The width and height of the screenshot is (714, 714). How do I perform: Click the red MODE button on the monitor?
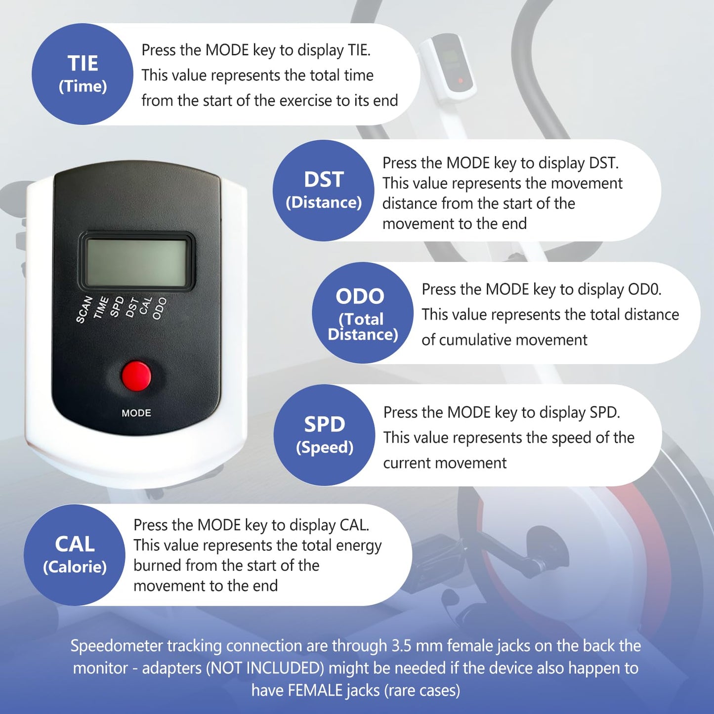click(x=136, y=376)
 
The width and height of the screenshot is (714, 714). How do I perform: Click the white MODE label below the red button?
click(x=136, y=413)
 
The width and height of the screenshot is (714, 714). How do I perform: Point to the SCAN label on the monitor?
click(x=84, y=309)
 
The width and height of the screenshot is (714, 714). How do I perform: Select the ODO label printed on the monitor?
click(x=160, y=308)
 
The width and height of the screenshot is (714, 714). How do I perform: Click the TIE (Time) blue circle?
click(x=82, y=74)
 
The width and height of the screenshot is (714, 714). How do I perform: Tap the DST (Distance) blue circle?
click(x=324, y=190)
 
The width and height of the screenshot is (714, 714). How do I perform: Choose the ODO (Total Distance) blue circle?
click(x=363, y=313)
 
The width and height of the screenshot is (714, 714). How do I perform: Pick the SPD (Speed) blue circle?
click(x=324, y=435)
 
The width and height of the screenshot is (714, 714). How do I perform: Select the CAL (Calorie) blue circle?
click(x=75, y=555)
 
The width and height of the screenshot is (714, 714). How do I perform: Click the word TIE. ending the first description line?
click(x=359, y=50)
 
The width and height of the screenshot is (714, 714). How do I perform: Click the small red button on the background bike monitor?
click(x=461, y=81)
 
